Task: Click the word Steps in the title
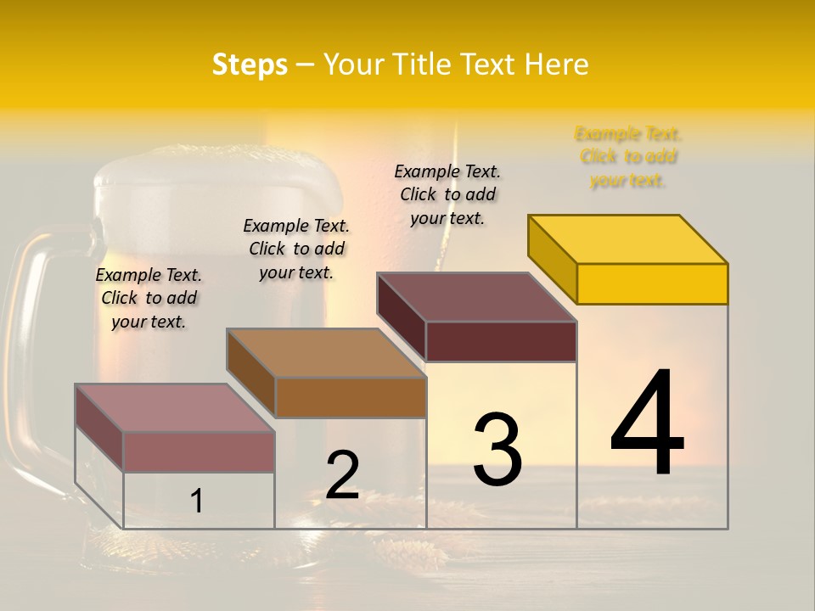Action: pyautogui.click(x=250, y=64)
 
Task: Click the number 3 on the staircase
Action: pyautogui.click(x=497, y=450)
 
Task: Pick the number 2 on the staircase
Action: pyautogui.click(x=343, y=475)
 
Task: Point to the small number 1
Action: pyautogui.click(x=197, y=501)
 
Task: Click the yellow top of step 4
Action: pyautogui.click(x=628, y=238)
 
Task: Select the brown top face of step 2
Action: pyautogui.click(x=326, y=353)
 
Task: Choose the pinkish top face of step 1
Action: pyautogui.click(x=175, y=408)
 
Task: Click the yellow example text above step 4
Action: pyautogui.click(x=628, y=157)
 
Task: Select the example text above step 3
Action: pyautogui.click(x=448, y=194)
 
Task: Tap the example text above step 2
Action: pyautogui.click(x=296, y=249)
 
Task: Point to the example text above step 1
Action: pyautogui.click(x=149, y=298)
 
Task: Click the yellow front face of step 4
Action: pyautogui.click(x=652, y=283)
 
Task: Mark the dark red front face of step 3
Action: pyautogui.click(x=501, y=341)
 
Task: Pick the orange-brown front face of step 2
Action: pyautogui.click(x=350, y=397)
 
